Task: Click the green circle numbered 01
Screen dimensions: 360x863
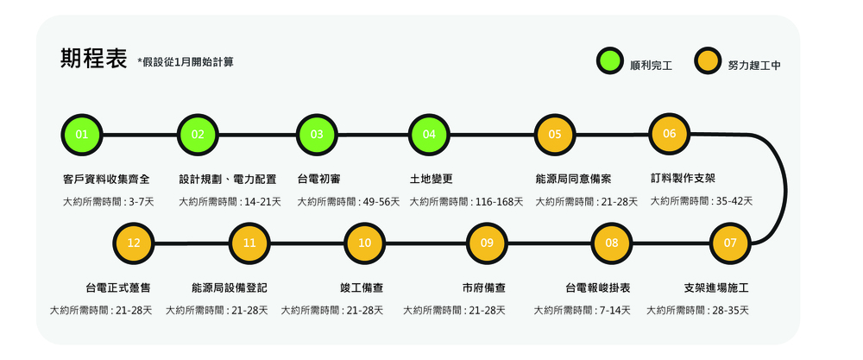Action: [81, 134]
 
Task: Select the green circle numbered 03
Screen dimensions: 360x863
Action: [317, 134]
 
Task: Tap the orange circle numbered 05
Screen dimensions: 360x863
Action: [554, 134]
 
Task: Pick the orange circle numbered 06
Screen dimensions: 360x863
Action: [669, 133]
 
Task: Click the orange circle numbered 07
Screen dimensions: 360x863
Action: [730, 243]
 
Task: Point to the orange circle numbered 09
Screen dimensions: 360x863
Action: [487, 243]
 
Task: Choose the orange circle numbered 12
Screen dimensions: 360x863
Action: [133, 243]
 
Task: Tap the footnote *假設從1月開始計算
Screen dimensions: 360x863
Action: [186, 62]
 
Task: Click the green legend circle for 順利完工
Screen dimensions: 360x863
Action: [610, 62]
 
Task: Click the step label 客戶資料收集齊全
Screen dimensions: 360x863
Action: [106, 179]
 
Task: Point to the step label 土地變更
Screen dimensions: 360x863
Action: [431, 179]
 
